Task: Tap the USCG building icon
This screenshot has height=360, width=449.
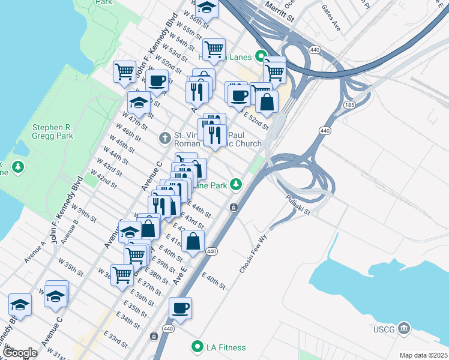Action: [405, 328]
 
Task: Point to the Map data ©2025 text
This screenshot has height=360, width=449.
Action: [423, 355]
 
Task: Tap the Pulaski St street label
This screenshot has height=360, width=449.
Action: [297, 205]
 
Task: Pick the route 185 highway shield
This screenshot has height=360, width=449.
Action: [349, 105]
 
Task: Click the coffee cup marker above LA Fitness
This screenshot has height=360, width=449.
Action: [180, 308]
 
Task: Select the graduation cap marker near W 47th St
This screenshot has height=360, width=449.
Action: [139, 102]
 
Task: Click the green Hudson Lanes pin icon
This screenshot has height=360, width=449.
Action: [261, 57]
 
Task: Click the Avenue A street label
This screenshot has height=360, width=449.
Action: [35, 252]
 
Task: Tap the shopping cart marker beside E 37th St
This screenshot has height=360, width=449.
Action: [122, 275]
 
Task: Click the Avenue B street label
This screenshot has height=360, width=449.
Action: [71, 229]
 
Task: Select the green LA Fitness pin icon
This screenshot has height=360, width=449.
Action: [196, 347]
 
